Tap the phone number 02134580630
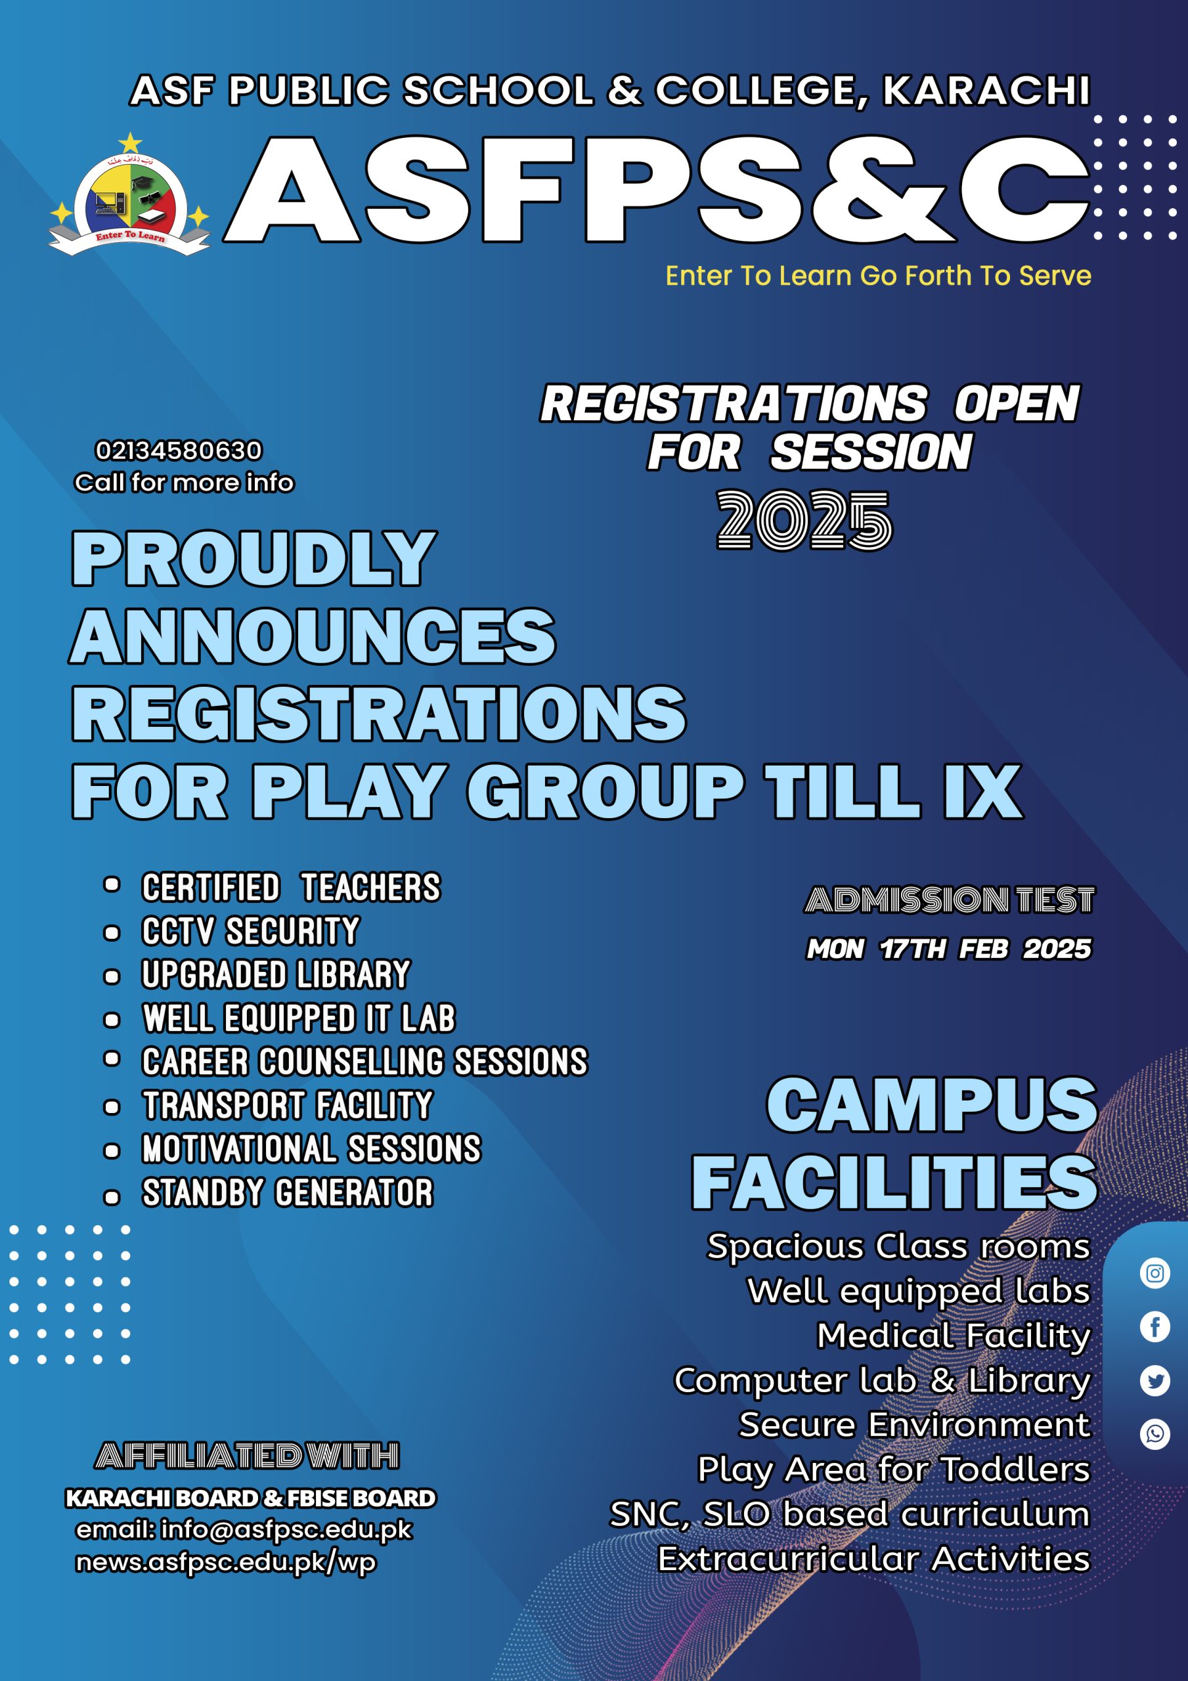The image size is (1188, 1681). (179, 450)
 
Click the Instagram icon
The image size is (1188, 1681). (1155, 1273)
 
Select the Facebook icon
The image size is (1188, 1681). (1155, 1326)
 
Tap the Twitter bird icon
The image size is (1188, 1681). (1155, 1381)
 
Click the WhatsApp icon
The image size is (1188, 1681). (1155, 1433)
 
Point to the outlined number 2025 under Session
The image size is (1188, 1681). (804, 520)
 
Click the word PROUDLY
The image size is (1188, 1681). (253, 559)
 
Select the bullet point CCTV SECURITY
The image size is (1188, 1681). (250, 931)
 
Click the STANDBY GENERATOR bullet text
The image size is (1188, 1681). (287, 1192)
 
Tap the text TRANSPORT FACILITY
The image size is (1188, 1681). (287, 1106)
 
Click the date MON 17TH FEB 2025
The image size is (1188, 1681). (948, 949)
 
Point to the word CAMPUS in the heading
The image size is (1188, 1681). (932, 1105)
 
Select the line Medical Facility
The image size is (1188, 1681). (954, 1336)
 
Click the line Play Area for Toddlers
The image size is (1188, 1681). (894, 1470)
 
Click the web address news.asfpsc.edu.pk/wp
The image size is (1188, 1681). (226, 1562)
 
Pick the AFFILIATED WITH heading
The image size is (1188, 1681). (247, 1456)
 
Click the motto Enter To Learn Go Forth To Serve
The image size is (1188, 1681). (878, 276)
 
